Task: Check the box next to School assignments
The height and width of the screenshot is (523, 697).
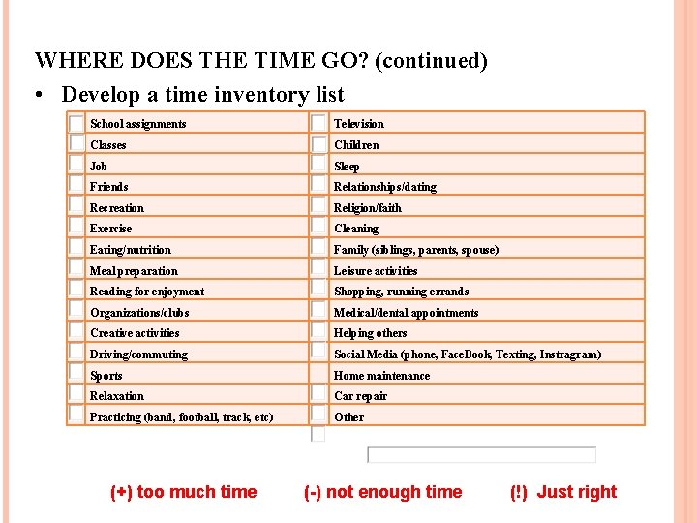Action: coord(76,123)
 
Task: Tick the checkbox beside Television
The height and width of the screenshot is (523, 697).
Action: coord(318,123)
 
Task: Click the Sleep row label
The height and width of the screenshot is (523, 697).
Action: coord(347,167)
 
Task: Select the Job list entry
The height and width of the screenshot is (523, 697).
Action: coord(99,167)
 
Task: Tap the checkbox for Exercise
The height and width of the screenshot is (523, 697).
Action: coord(76,228)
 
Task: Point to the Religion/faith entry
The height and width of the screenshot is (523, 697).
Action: coord(368,208)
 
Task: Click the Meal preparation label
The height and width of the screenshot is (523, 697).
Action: coord(134,271)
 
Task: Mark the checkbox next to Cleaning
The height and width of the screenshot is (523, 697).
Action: coord(318,228)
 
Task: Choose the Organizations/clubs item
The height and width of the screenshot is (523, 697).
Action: coord(139,313)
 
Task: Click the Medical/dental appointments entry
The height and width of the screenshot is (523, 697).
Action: coord(406,313)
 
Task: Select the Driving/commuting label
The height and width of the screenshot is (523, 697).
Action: coord(138,354)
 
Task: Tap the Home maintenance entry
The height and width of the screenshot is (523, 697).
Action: coord(381,376)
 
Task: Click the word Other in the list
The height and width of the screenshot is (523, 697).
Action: coord(348,417)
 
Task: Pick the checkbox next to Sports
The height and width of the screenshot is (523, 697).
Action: coord(76,373)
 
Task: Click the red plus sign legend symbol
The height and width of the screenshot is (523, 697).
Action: coord(122,492)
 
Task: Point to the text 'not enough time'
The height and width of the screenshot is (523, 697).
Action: coord(394,492)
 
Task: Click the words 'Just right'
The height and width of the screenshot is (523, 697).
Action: coord(576,492)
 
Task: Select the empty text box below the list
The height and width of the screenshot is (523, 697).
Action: coord(481,455)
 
